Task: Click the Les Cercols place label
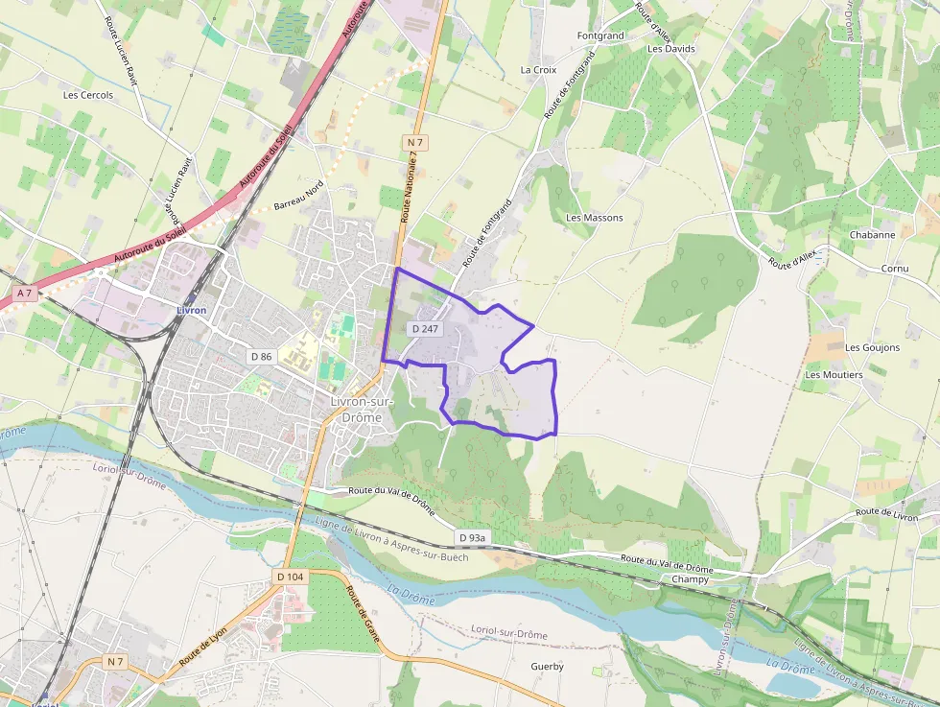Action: [88, 95]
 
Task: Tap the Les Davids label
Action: [671, 48]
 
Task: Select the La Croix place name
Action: [538, 70]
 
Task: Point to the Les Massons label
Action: [595, 218]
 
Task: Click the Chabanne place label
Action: [872, 235]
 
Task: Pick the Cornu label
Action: [894, 269]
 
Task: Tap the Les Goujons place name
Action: [873, 347]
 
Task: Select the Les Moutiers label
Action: [834, 375]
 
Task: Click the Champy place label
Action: [691, 579]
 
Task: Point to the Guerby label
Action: [547, 666]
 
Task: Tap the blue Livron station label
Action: [191, 311]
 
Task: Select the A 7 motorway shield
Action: [24, 293]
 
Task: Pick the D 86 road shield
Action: [262, 356]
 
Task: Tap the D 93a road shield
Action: [472, 537]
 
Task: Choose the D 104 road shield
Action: [290, 577]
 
